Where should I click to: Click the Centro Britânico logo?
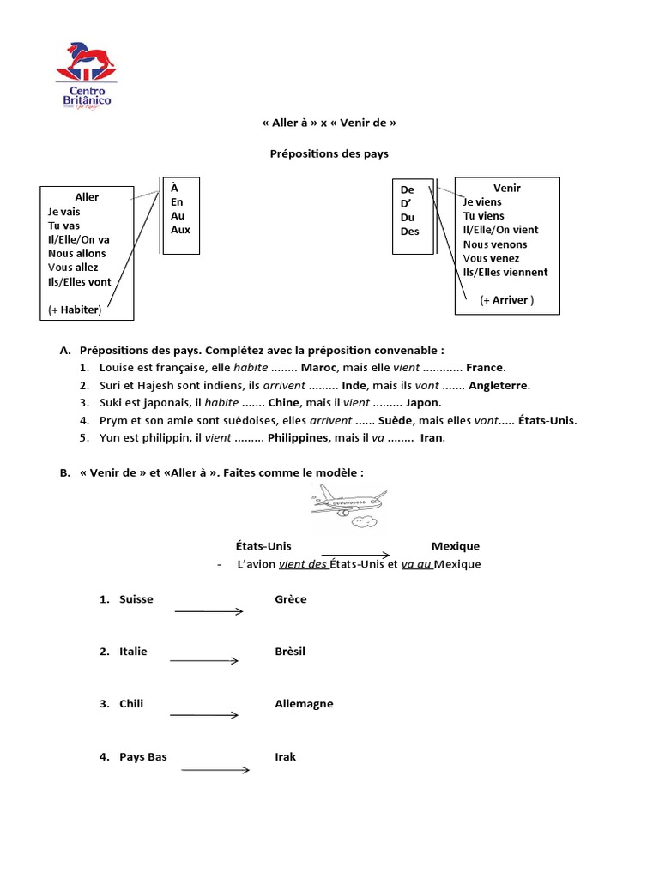[82, 76]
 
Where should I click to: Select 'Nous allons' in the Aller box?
[77, 253]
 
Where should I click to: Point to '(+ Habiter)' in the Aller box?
[76, 310]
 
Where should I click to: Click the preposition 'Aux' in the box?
[180, 230]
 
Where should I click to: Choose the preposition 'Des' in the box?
[409, 232]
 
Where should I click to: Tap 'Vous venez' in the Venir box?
[495, 258]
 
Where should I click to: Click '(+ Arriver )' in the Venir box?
[506, 300]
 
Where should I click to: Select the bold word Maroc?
[318, 367]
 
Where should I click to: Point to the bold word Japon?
[422, 402]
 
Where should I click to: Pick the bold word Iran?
[432, 437]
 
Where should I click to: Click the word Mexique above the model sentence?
[455, 546]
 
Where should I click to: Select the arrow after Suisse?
[209, 610]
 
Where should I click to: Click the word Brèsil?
[290, 652]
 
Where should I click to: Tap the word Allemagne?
[304, 704]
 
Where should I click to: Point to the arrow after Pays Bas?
[215, 769]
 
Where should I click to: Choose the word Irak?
[285, 757]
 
